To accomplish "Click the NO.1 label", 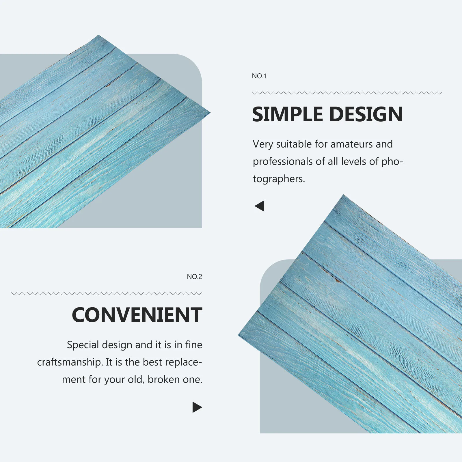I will click(259, 76).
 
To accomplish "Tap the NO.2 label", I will click(194, 277).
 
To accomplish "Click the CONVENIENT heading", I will click(137, 315).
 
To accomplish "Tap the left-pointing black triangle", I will click(260, 206).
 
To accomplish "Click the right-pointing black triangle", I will click(197, 407).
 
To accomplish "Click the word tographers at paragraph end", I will click(278, 179).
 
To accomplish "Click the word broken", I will click(163, 379).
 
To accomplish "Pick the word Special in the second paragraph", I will click(83, 345).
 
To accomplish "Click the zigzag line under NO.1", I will click(346, 93).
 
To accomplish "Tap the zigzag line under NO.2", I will click(106, 294).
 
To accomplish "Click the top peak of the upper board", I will click(99, 36).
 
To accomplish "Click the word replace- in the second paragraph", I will click(184, 362).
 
